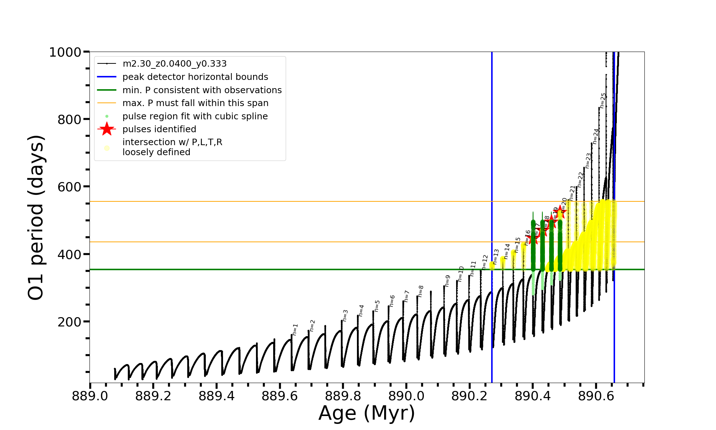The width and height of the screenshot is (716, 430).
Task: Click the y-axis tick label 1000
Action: pos(65,52)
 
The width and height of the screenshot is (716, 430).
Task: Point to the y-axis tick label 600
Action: pos(69,187)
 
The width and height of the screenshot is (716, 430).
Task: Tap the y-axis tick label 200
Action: pos(69,322)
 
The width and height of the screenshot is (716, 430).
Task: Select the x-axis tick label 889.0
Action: pos(90,396)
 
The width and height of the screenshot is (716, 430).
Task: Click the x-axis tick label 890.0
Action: pos(406,396)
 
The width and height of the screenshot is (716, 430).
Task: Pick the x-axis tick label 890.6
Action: pos(596,396)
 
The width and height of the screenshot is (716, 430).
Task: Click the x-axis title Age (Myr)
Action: pos(367,413)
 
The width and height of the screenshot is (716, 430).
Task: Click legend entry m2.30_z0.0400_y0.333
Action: pos(174,64)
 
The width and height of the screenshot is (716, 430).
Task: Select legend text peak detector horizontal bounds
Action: pos(195,77)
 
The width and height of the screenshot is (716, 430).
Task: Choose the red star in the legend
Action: pos(107,129)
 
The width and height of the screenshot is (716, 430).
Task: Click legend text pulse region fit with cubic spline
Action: pos(195,116)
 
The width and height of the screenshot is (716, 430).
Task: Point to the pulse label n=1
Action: pos(295,329)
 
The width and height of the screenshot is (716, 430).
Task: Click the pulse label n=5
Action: pos(377,306)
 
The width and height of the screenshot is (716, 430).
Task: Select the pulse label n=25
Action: pos(603,100)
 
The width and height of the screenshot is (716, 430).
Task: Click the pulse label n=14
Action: pos(507,251)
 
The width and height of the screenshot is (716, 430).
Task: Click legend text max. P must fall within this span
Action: pos(195,103)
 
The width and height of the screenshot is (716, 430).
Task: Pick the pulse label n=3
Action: pos(345,315)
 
